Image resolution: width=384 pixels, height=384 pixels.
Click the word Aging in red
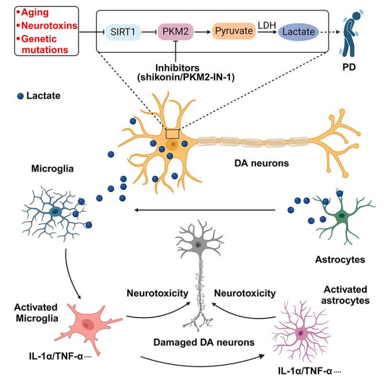click(36, 12)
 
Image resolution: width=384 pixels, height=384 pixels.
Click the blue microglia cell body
click(56, 212)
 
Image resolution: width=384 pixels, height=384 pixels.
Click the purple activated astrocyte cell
click(301, 333)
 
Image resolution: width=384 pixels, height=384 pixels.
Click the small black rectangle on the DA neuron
click(172, 133)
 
